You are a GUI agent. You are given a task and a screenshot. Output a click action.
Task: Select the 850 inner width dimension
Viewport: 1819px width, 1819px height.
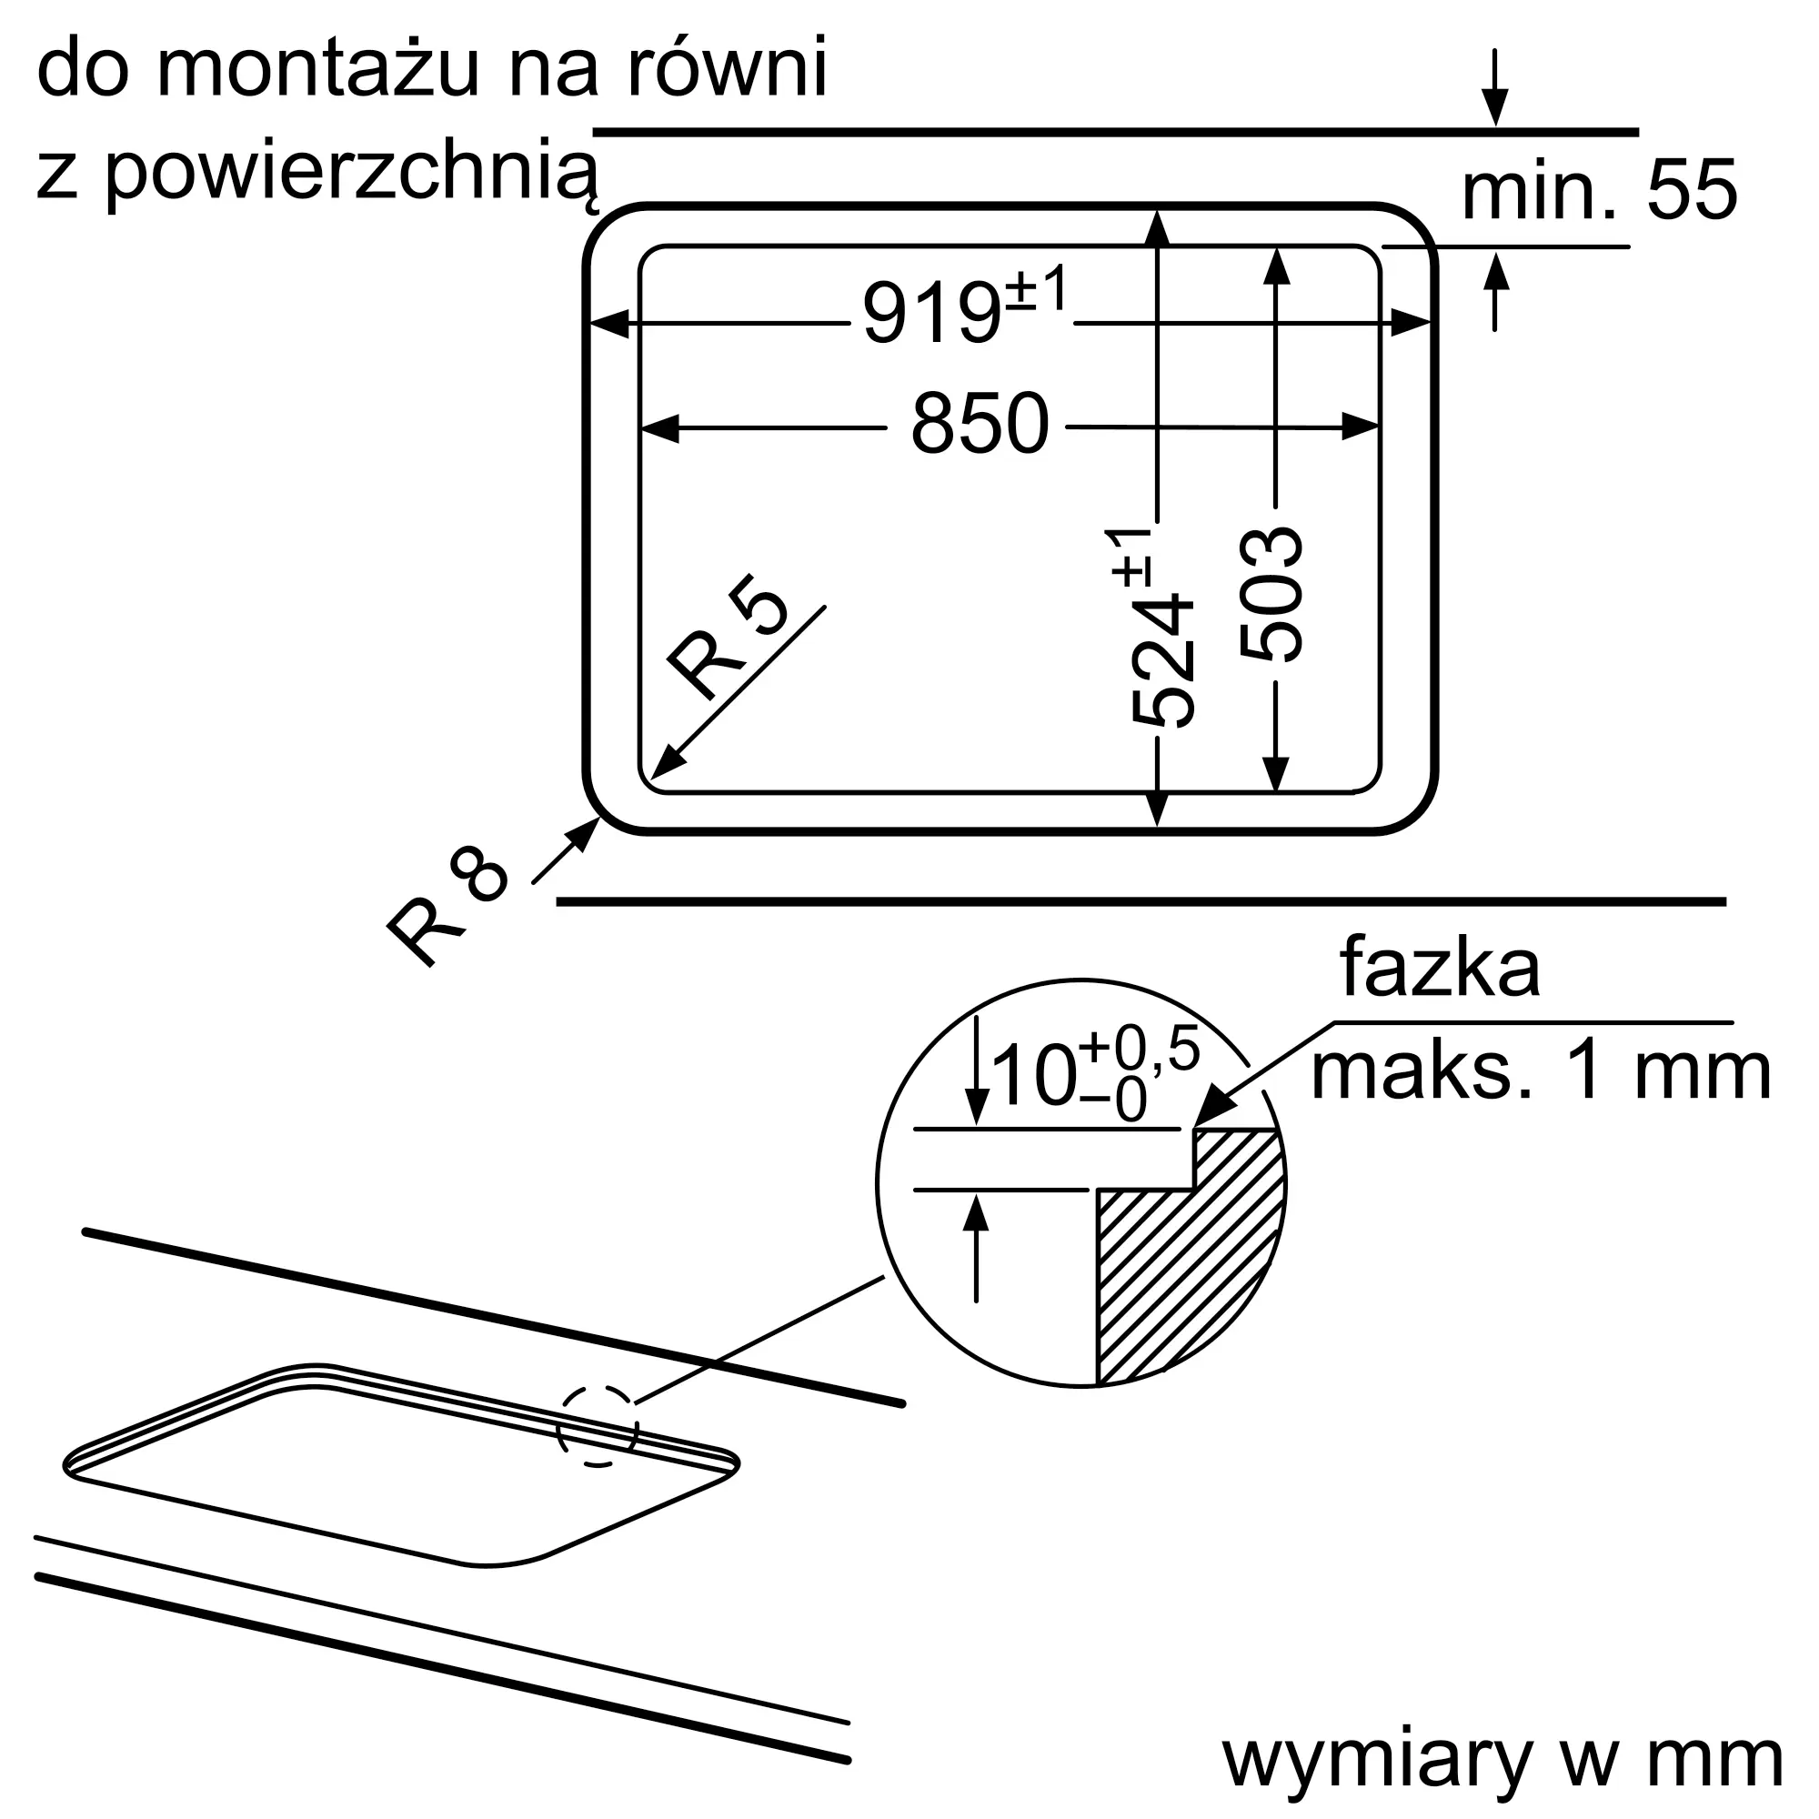[x=980, y=424]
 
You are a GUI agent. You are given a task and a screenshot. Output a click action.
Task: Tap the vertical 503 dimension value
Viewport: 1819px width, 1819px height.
[x=1271, y=594]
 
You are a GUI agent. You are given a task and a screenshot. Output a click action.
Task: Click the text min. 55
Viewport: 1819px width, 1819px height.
[x=1599, y=190]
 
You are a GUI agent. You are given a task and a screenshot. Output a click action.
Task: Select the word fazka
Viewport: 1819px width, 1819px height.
[x=1441, y=967]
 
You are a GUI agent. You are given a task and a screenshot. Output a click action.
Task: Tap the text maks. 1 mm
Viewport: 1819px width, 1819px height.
[x=1542, y=1071]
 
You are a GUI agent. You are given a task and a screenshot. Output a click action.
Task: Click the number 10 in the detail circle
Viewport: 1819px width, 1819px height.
[x=1034, y=1075]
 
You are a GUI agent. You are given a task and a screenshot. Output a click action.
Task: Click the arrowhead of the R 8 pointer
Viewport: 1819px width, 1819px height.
[x=588, y=832]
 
